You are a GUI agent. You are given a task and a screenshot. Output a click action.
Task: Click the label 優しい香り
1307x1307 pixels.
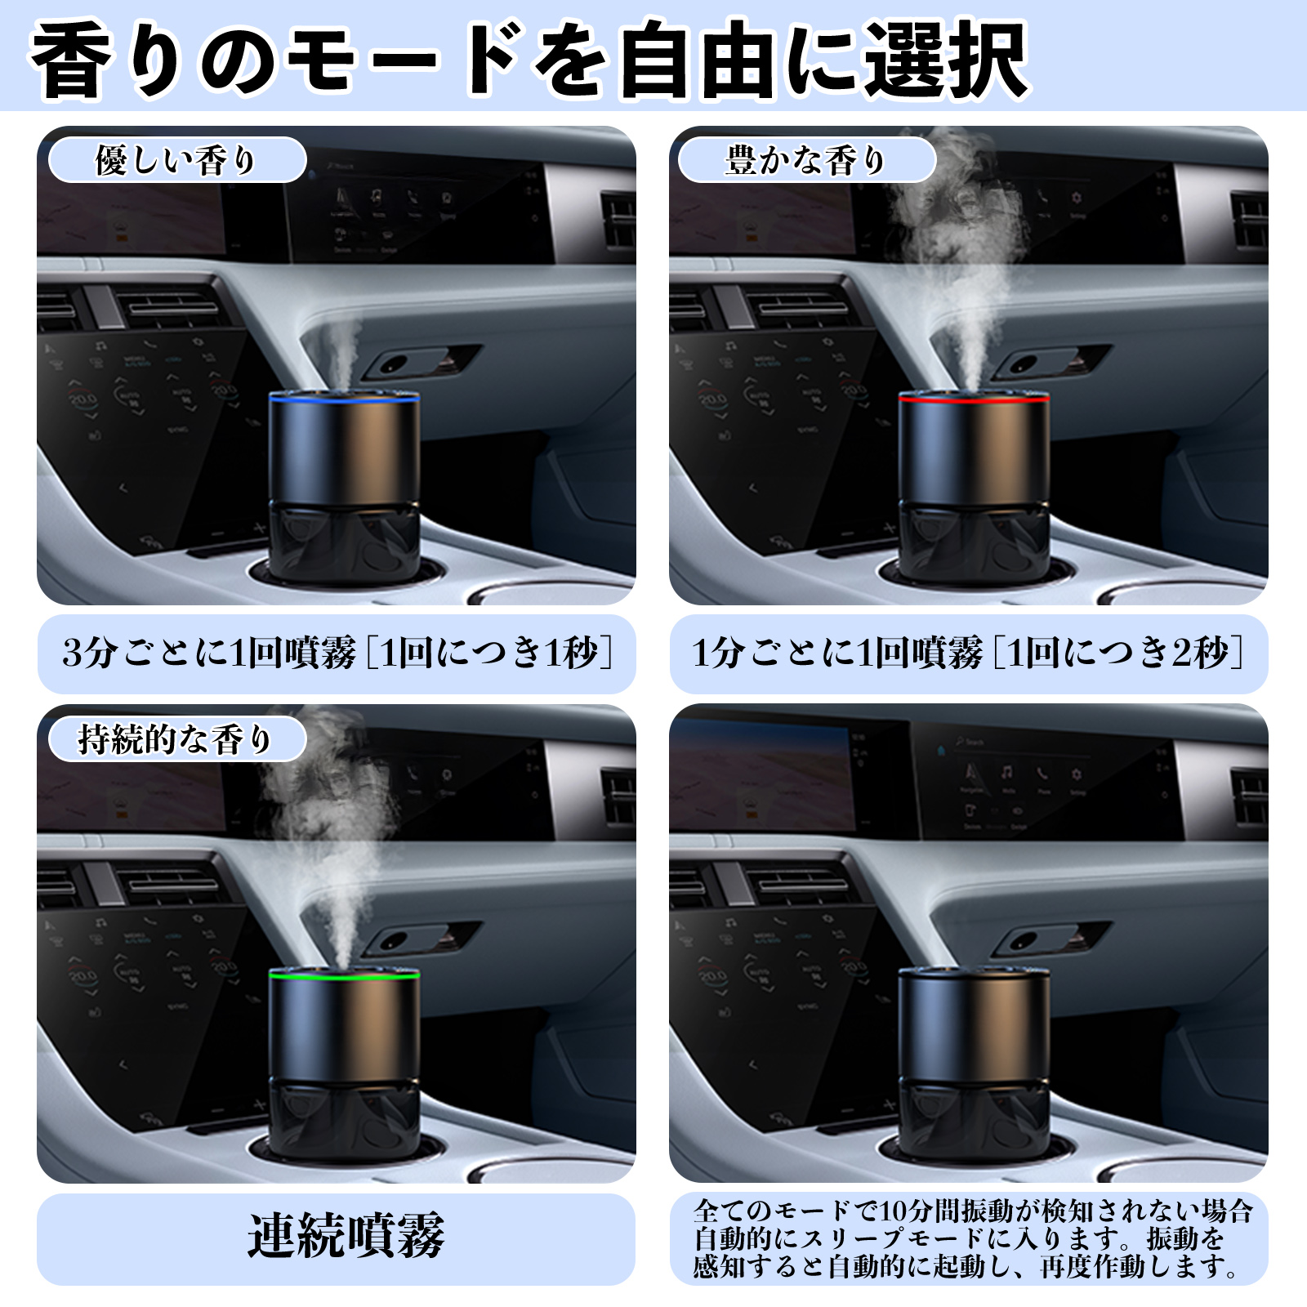click(176, 160)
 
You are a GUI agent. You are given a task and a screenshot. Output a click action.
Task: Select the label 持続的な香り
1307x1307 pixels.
click(176, 739)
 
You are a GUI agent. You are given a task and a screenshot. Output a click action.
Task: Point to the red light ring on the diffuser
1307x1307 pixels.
click(974, 399)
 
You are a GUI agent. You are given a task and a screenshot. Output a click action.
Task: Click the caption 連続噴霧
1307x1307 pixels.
click(346, 1236)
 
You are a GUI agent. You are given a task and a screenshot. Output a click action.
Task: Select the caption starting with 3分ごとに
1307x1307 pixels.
click(337, 653)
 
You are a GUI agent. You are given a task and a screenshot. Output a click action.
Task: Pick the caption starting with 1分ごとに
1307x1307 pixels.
click(969, 653)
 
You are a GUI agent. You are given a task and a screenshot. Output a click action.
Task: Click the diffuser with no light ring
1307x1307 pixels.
click(974, 1062)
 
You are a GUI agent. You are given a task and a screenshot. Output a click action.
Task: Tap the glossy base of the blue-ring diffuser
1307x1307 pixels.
click(344, 543)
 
